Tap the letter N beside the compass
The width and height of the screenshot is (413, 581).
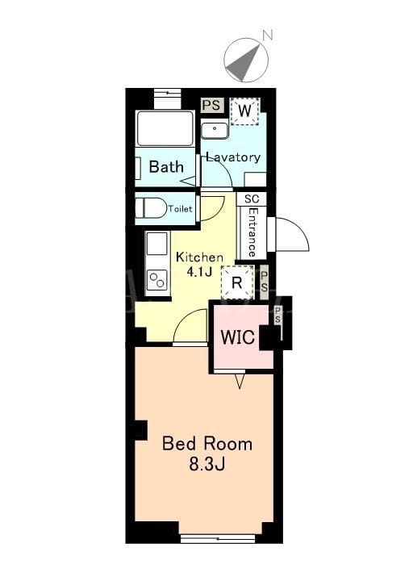pos(268,36)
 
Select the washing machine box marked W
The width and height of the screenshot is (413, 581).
pos(244,111)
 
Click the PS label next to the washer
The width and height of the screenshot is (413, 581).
pos(213,105)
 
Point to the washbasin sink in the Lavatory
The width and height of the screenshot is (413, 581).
pos(215,129)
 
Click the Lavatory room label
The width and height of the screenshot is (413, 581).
pos(233,157)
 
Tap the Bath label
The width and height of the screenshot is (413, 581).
pos(166,167)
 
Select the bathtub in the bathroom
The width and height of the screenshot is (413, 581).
pos(165,128)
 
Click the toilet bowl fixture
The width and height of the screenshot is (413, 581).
pos(151,208)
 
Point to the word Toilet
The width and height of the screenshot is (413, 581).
pos(181,209)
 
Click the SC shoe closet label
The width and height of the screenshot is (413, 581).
pos(252,199)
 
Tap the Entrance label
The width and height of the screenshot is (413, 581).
pos(252,232)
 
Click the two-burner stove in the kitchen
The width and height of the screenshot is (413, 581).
pos(157,280)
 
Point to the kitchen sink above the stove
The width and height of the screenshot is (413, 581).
pos(157,244)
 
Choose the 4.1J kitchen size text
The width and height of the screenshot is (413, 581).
pos(199,272)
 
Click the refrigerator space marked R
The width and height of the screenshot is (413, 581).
pos(237,282)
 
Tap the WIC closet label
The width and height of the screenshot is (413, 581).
pos(238,337)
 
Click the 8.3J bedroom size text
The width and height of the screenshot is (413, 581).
pos(207,464)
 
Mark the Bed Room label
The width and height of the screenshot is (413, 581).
pos(207,444)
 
